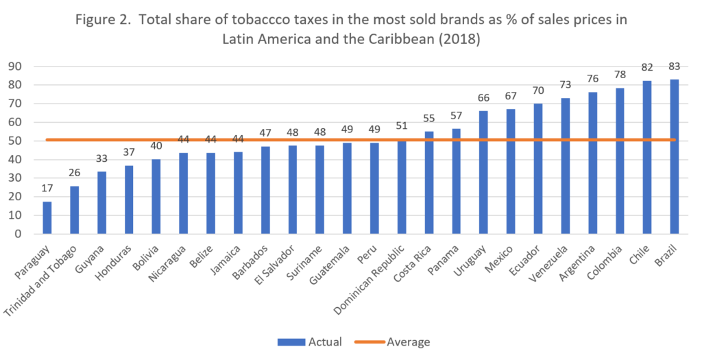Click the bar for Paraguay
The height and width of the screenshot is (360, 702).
(47, 218)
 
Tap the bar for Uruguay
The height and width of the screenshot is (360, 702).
(483, 172)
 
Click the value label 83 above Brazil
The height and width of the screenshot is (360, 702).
(674, 67)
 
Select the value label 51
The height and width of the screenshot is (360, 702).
(402, 126)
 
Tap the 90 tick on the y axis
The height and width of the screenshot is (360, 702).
(15, 67)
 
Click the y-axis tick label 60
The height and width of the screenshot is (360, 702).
(15, 122)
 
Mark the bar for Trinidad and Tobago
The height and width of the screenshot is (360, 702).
(74, 210)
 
